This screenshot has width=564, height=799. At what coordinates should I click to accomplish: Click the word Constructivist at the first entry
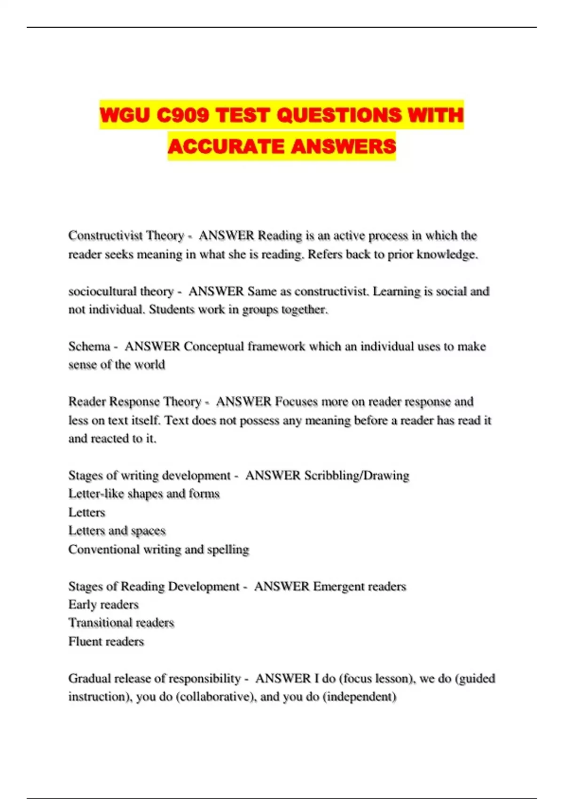(106, 235)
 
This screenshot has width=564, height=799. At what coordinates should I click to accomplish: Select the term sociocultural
(95, 291)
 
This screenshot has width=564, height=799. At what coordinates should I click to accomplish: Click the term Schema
(89, 346)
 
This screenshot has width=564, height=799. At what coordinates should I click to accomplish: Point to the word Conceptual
(213, 346)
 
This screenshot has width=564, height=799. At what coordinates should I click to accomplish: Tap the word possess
(259, 420)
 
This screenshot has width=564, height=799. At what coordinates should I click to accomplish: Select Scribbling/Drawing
(357, 476)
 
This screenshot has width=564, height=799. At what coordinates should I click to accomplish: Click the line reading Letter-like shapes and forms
(144, 494)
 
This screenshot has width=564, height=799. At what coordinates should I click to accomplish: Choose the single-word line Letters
(86, 512)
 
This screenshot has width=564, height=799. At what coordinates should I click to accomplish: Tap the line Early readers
(103, 605)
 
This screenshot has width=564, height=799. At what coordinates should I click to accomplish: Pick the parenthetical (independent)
(360, 697)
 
